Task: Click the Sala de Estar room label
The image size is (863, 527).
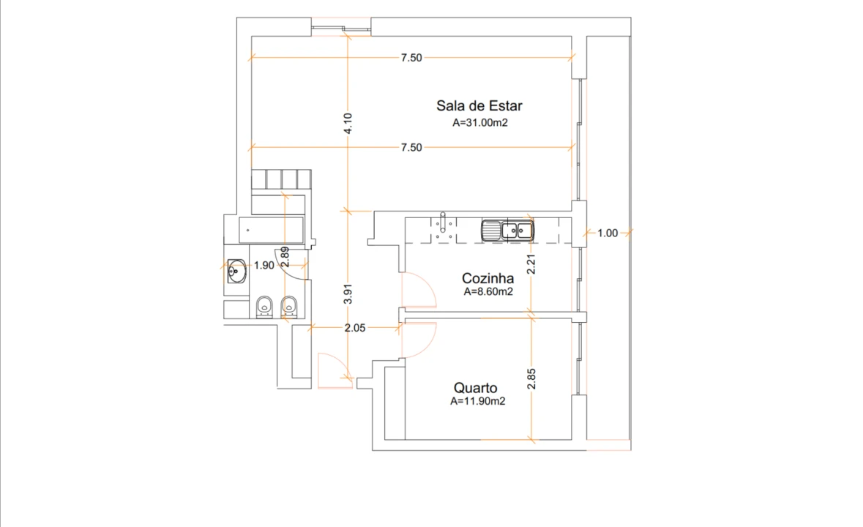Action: pos(479,105)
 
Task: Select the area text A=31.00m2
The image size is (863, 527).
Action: pos(480,123)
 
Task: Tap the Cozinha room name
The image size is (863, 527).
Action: pos(487,278)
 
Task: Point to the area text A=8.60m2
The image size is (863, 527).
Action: pos(487,291)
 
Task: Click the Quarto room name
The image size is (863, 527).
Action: pos(475,388)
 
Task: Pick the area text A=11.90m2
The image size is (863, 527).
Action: pos(479,401)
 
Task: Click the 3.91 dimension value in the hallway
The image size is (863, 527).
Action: pos(348,293)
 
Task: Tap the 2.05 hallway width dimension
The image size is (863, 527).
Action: pos(356,329)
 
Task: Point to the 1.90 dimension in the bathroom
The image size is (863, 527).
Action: pos(264,265)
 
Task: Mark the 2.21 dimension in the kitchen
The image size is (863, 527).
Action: pos(532,263)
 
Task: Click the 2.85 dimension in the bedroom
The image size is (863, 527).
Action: pos(532,378)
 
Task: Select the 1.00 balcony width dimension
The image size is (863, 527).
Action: pos(608,233)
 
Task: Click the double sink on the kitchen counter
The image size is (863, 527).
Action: pos(507,231)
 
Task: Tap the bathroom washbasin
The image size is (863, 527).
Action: pos(236,271)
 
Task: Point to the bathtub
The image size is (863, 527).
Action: pos(271,231)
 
